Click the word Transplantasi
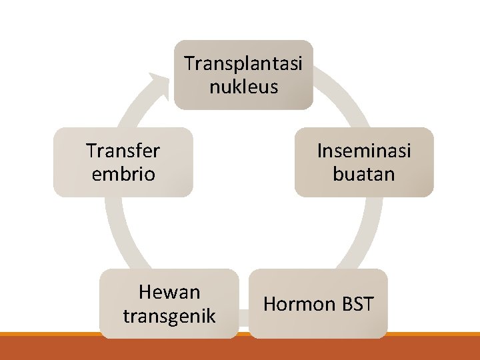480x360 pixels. coord(243,64)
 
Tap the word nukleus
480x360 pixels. coord(243,87)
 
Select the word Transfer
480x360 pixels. coord(123,151)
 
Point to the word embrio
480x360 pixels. coord(123,174)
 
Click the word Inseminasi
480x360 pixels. coord(364,151)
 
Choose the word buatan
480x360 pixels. coord(364,174)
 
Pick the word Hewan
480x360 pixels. coord(169,292)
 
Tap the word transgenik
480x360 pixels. coord(169,315)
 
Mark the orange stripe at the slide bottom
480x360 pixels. coord(240,334)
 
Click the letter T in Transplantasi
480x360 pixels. coord(189,64)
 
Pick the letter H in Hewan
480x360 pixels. coord(145,292)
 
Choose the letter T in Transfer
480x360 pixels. coord(91,151)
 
